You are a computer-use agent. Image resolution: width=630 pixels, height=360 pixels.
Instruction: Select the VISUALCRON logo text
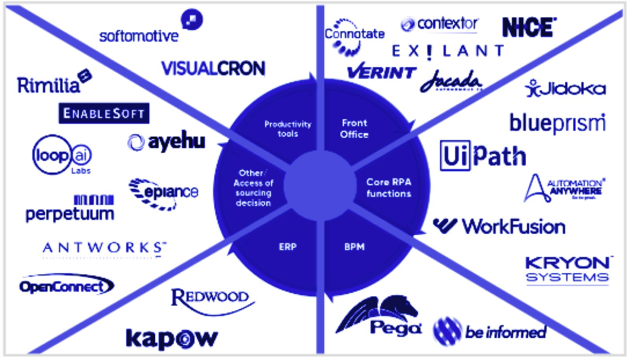coord(213,68)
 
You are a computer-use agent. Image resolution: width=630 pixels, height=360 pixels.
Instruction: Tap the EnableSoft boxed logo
coord(104,113)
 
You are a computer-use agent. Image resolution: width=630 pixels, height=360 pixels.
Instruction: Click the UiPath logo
coord(483,156)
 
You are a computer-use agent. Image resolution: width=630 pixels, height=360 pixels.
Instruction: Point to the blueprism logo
coord(557,123)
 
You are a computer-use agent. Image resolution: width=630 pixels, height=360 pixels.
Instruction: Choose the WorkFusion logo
coord(499,227)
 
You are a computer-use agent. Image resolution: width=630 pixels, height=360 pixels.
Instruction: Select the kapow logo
coord(172,338)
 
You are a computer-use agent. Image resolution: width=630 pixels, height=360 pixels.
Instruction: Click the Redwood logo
coord(210,299)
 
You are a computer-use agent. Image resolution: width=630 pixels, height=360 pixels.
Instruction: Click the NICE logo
coord(529,28)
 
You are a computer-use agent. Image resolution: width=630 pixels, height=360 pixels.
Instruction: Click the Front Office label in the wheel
coord(354,129)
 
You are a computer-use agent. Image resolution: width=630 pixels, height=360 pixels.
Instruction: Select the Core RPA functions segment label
coord(389,188)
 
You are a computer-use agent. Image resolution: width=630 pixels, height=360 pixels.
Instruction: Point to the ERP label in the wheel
coord(287,247)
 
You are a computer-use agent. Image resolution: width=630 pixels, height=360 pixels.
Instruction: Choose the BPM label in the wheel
coord(354,247)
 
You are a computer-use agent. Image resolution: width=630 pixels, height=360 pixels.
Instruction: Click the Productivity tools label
coord(288,129)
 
